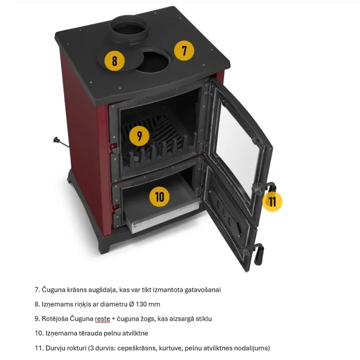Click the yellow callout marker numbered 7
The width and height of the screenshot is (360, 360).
point(184,50)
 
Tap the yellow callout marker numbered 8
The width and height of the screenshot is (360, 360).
point(115,61)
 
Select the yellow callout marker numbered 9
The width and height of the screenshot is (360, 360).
point(139,136)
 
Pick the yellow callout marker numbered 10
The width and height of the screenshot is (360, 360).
point(159,197)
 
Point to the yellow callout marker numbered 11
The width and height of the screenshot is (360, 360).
point(272,202)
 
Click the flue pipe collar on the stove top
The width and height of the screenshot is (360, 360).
point(129,29)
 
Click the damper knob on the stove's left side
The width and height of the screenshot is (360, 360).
point(56,140)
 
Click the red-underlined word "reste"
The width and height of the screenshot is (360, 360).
point(102,319)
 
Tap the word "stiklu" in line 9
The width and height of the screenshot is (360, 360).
point(204,319)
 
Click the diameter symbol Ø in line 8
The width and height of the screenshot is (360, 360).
point(132,304)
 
